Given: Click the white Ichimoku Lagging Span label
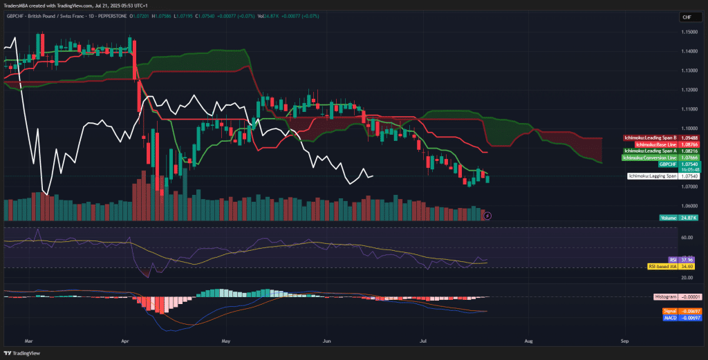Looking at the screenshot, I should click(x=652, y=177).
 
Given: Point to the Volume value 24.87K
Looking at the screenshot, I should click(x=688, y=218).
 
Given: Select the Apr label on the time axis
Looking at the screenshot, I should click(x=125, y=341).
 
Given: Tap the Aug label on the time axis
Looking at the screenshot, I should click(x=529, y=341).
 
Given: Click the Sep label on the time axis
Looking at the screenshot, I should click(x=625, y=341).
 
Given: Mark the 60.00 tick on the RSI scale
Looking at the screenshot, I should click(x=687, y=237).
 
